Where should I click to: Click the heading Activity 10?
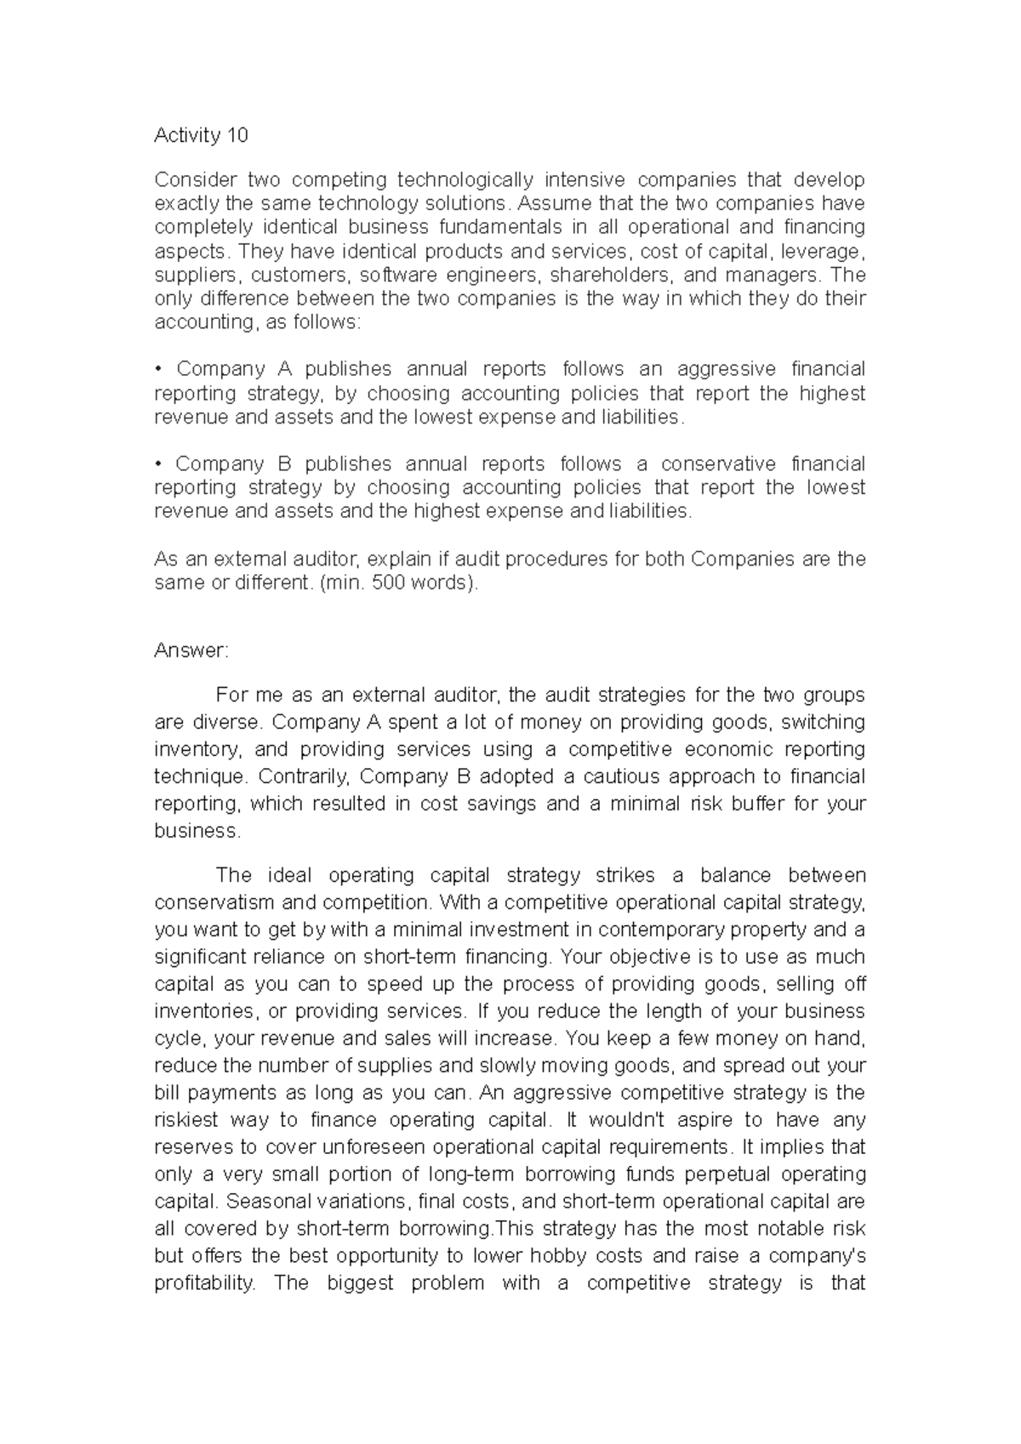[x=201, y=135]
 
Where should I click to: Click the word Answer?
[x=191, y=651]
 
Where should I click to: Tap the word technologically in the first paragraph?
[x=466, y=179]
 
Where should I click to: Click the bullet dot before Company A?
[x=158, y=370]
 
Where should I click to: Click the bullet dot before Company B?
[x=158, y=465]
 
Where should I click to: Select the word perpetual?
[x=722, y=1174]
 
